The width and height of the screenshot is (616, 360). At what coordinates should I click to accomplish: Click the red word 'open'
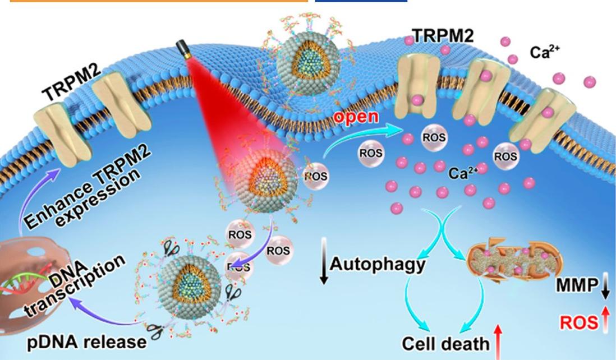tap(356, 117)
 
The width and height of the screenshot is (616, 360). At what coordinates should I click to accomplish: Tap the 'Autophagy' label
tap(378, 264)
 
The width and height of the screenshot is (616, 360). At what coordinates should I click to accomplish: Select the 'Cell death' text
tap(445, 344)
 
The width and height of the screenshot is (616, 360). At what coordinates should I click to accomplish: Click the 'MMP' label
tap(577, 285)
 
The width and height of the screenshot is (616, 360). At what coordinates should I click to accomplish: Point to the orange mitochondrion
tap(514, 260)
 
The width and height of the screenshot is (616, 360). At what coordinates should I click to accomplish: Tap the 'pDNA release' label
tap(87, 341)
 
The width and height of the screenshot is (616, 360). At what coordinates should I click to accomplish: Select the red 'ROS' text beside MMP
tap(578, 322)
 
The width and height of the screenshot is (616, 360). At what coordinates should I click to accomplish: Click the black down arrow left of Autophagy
tap(324, 260)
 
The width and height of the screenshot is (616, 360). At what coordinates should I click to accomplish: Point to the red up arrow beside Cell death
tap(498, 341)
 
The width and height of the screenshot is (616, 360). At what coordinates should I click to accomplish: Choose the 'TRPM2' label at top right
tap(443, 35)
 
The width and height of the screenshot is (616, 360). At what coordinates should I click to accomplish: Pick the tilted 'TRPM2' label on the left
tap(71, 82)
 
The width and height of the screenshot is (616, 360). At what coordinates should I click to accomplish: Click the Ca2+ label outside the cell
tap(545, 52)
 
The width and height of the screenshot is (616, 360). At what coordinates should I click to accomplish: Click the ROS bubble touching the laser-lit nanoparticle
tap(316, 176)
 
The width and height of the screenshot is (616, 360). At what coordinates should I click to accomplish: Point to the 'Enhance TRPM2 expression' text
tap(86, 186)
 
